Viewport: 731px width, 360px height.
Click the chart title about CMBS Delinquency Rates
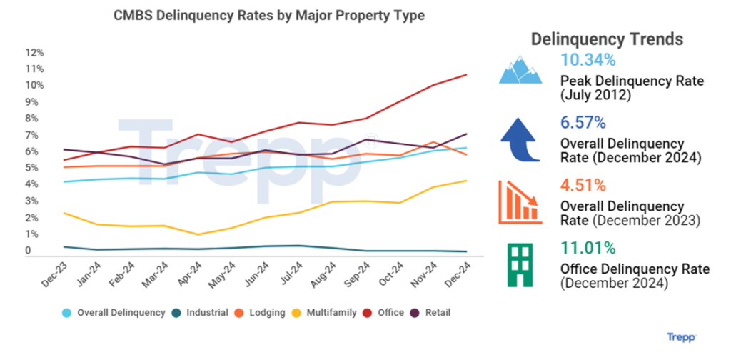[269, 16]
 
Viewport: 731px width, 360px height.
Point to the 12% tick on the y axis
[34, 53]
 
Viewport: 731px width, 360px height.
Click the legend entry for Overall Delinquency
[108, 313]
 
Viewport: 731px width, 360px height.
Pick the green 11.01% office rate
[588, 249]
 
